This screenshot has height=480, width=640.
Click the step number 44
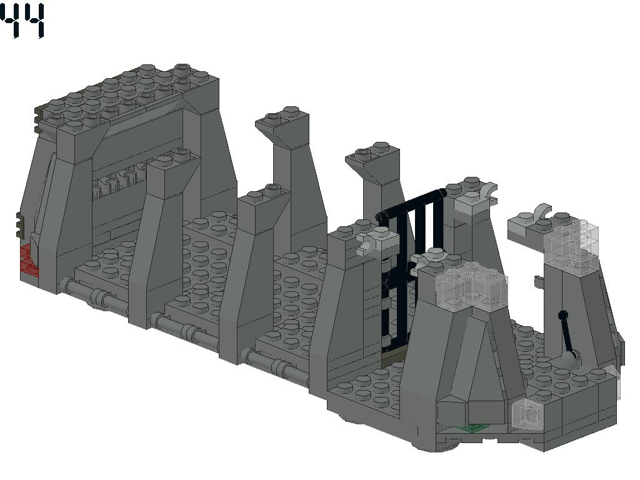pos(22,21)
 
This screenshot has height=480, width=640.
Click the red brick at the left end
pos(29,261)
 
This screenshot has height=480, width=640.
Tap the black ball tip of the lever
pos(563,315)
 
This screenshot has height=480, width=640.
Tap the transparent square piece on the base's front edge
pos(528,414)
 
